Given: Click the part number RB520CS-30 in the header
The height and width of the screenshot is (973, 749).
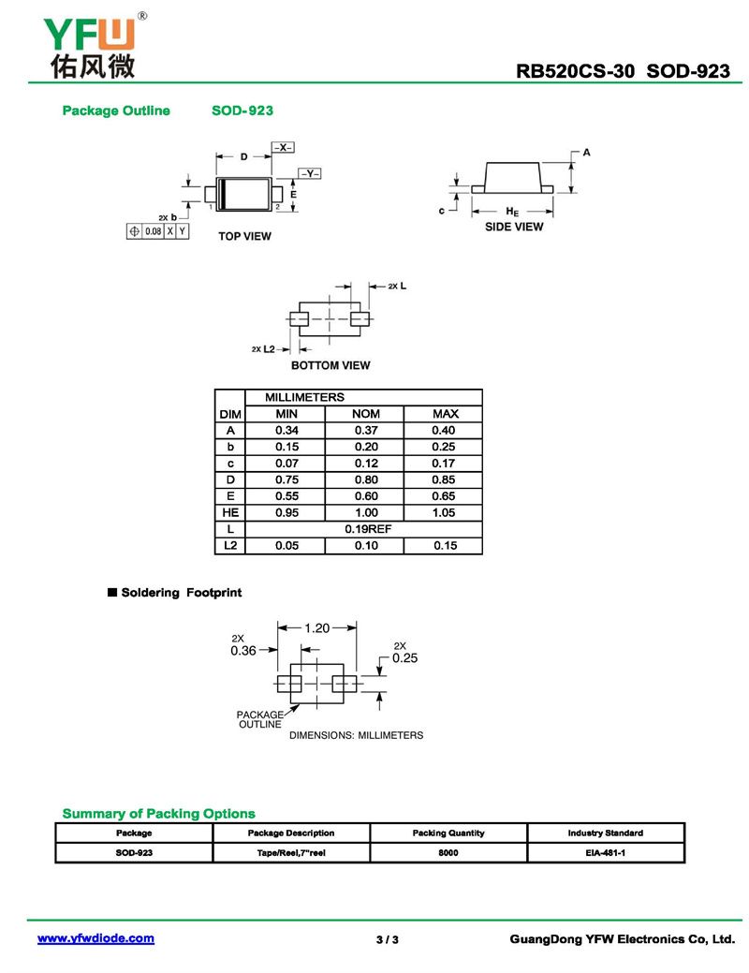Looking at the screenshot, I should click(576, 72).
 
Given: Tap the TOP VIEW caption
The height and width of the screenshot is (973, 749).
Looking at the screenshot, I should click(244, 236).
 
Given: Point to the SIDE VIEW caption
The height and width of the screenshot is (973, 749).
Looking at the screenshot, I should click(513, 227).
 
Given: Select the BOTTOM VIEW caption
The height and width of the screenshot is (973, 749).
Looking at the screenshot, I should click(330, 365).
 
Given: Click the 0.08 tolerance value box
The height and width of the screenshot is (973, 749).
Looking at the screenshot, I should click(153, 230).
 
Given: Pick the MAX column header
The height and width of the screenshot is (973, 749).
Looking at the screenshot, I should click(445, 414).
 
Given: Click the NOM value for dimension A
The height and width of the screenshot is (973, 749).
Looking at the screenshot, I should click(365, 430).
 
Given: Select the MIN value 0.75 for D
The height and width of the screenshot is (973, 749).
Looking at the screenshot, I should click(286, 479).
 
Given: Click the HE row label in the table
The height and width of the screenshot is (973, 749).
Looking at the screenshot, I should click(229, 512).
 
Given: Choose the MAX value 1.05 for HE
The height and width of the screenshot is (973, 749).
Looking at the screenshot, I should click(445, 512).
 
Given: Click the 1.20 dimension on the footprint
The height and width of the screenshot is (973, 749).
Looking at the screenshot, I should click(317, 628).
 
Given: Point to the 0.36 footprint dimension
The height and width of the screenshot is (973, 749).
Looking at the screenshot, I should click(243, 651).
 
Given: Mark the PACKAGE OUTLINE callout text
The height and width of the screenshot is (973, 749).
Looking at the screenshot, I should click(259, 719).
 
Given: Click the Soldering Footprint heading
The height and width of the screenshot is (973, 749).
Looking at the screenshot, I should click(181, 593).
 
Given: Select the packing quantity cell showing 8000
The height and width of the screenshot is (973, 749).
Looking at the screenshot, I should click(448, 853).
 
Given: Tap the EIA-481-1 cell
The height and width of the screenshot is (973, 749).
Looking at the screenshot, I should click(605, 853).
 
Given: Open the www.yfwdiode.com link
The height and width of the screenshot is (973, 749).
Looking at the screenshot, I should click(95, 938).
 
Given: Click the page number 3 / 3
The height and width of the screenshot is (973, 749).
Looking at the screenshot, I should click(387, 939).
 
